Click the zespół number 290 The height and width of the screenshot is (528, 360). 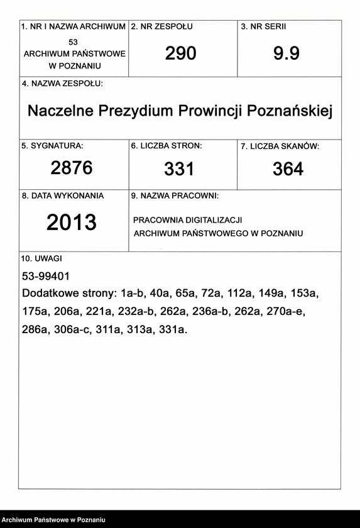tap(180, 54)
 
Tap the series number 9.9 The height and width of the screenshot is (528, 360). tap(286, 54)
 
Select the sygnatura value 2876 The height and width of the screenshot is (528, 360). tap(71, 168)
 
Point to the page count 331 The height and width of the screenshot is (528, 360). tap(179, 168)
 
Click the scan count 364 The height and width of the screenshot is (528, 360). tap(288, 168)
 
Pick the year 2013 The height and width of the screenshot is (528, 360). tap(72, 222)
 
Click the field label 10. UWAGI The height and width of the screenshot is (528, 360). tap(41, 258)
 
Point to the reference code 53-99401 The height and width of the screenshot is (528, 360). tap(45, 275)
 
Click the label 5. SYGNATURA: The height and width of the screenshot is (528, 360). tap(52, 145)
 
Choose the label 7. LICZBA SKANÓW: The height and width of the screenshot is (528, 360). tap(280, 146)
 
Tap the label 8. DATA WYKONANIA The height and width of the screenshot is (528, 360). tap(63, 196)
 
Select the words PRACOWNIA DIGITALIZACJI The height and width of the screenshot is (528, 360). tap(188, 220)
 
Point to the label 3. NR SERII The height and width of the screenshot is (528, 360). tap(268, 27)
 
